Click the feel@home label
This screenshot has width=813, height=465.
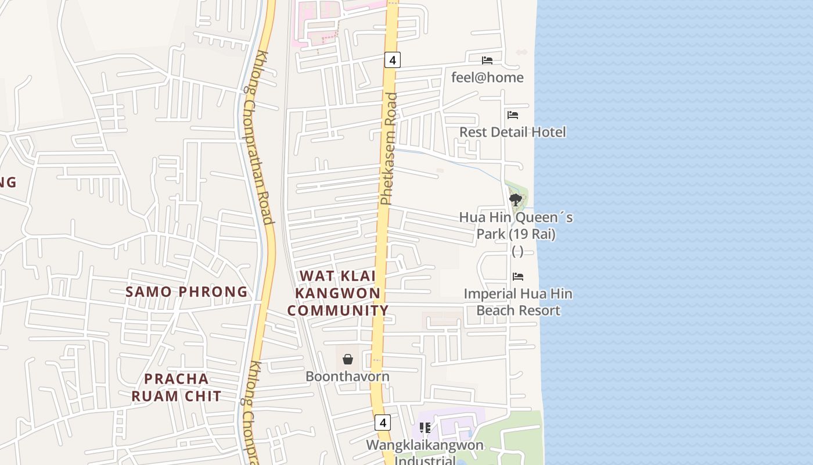click(x=487, y=77)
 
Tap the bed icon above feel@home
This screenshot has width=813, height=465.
click(x=487, y=60)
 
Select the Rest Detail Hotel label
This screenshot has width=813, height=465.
click(x=512, y=132)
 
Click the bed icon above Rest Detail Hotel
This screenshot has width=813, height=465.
click(x=512, y=115)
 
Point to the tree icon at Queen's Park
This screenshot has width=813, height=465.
click(x=515, y=200)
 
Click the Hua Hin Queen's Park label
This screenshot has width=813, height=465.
click(x=516, y=226)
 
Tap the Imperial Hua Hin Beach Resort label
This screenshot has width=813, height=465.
click(x=518, y=302)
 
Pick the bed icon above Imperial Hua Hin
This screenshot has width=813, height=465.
click(x=518, y=276)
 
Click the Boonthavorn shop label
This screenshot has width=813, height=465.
click(x=347, y=376)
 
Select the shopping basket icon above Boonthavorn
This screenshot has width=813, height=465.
click(x=347, y=359)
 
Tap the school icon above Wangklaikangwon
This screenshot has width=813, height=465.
click(x=425, y=428)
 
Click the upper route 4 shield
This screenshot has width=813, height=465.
click(x=393, y=59)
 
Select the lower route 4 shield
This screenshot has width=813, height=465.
click(x=382, y=422)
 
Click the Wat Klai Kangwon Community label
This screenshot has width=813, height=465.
click(x=338, y=293)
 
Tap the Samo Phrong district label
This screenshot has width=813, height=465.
click(x=186, y=292)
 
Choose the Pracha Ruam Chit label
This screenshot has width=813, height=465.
click(x=176, y=388)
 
